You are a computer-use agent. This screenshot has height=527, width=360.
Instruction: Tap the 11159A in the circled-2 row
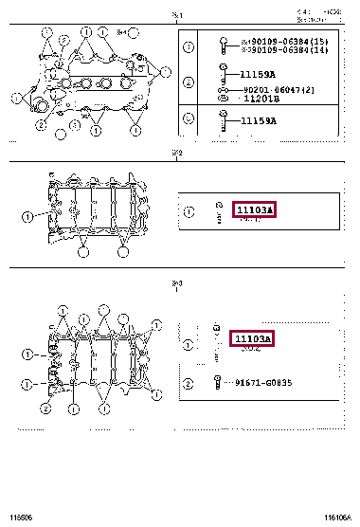[257, 74]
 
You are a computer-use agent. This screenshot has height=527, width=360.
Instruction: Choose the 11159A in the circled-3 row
[257, 121]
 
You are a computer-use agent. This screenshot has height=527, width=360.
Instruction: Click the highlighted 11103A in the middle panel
[254, 209]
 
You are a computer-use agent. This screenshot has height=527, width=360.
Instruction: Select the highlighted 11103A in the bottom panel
[252, 338]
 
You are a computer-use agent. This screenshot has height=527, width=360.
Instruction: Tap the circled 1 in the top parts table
[189, 46]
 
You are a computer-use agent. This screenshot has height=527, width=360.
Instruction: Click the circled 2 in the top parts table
[189, 84]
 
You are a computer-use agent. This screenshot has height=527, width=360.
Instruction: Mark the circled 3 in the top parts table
[189, 119]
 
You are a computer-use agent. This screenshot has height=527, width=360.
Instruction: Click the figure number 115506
[19, 518]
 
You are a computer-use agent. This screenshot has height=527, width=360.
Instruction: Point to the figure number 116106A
[337, 518]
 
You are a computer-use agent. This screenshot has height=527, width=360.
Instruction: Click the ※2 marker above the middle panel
[177, 152]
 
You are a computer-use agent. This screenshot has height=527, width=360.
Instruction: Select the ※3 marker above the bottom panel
[177, 282]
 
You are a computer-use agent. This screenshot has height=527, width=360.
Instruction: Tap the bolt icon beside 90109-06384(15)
[223, 45]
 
